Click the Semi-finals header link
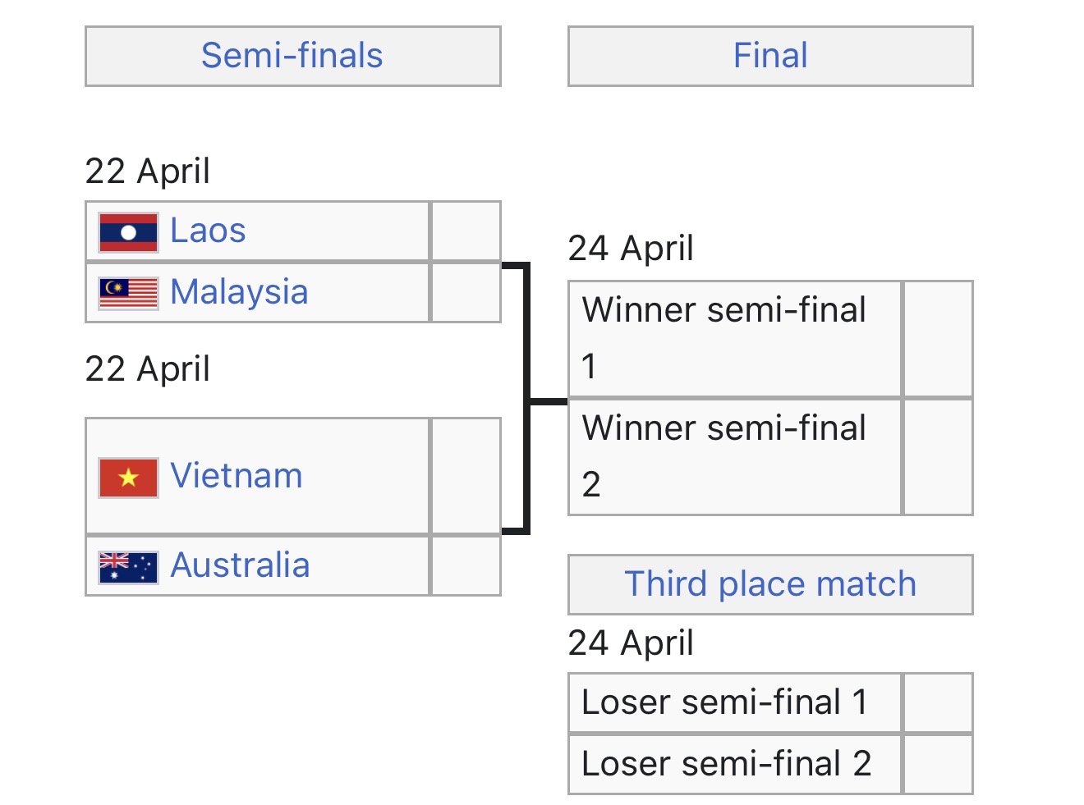click(292, 56)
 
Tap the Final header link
click(770, 56)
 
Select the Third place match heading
click(770, 584)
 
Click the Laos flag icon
click(128, 232)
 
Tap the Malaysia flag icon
click(128, 293)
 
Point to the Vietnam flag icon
click(128, 478)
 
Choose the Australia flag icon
click(128, 566)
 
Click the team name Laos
click(208, 231)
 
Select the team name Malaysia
click(239, 292)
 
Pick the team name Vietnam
click(237, 476)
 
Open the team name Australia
click(240, 565)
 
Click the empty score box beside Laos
click(466, 231)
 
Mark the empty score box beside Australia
click(466, 566)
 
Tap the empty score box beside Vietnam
click(466, 476)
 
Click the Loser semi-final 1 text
click(724, 702)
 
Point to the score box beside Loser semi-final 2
click(938, 764)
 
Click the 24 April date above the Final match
click(631, 248)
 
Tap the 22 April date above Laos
click(148, 171)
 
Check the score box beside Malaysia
click(466, 292)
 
